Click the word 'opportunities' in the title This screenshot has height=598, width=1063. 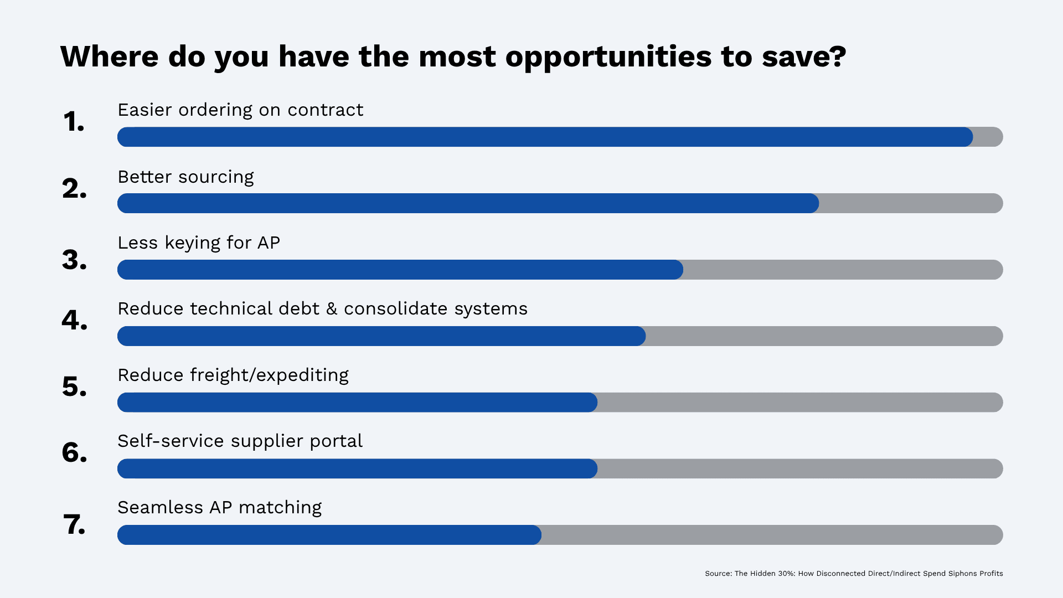(x=608, y=57)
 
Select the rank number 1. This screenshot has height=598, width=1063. (x=74, y=122)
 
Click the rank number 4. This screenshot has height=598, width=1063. (x=74, y=320)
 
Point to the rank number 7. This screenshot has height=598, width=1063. (x=74, y=524)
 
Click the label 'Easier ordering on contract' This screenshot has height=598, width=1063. (x=240, y=110)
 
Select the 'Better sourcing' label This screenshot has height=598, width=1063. (x=185, y=177)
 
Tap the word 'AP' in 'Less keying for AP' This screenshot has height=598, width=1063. (x=269, y=243)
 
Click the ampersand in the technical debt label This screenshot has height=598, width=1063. (x=332, y=309)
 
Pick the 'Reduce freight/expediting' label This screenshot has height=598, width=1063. (x=233, y=375)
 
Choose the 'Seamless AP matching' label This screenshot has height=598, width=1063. (x=219, y=508)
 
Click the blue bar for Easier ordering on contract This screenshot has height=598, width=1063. (x=545, y=137)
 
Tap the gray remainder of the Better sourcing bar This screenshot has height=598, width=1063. (x=911, y=203)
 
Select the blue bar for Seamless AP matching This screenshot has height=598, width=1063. (x=329, y=535)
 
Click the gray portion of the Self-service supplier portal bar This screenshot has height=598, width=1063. (x=800, y=468)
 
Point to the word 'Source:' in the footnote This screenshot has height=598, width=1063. (x=718, y=574)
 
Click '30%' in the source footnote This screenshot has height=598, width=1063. (x=786, y=574)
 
